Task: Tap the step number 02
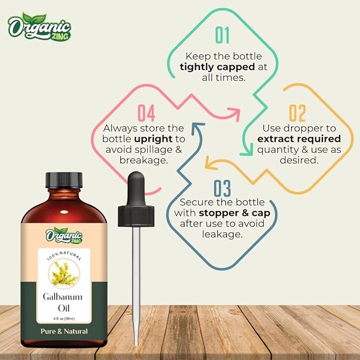pyautogui.click(x=297, y=113)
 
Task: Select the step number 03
pyautogui.click(x=222, y=189)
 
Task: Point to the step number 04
pyautogui.click(x=146, y=113)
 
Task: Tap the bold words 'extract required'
pyautogui.click(x=298, y=139)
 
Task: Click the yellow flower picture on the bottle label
pyautogui.click(x=64, y=272)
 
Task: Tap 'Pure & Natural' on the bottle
pyautogui.click(x=64, y=331)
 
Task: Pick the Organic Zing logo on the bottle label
pyautogui.click(x=64, y=234)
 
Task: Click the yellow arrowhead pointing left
pyautogui.click(x=210, y=166)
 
